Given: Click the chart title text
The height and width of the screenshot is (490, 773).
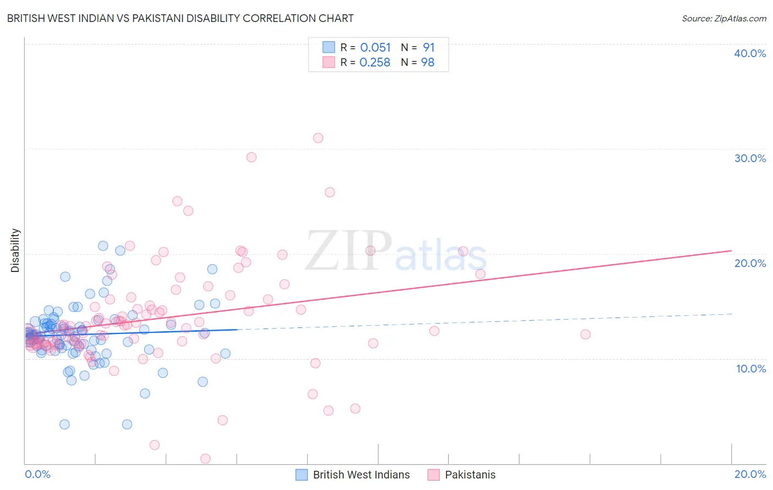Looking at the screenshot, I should (180, 18).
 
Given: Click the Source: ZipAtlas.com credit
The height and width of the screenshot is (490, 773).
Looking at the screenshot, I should (724, 18).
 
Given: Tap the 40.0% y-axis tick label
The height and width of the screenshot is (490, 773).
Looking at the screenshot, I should (750, 53).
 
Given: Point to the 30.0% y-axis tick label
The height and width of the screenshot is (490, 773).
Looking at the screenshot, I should (750, 158).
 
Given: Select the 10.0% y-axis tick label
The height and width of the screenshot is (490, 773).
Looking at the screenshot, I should (750, 369).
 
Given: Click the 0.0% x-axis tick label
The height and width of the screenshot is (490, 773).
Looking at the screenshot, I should (37, 474).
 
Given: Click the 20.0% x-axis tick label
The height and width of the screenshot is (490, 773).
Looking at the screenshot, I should (750, 474).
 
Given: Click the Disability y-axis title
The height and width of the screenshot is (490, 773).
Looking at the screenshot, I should (15, 250).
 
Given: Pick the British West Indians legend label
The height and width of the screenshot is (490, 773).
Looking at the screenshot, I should (361, 475).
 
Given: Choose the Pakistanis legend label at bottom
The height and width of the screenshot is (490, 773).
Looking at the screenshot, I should (470, 475).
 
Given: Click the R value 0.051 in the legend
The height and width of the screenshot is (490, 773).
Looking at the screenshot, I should (375, 48).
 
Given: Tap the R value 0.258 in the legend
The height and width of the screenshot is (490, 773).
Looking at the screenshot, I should (375, 63).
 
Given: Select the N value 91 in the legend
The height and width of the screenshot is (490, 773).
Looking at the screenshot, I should (429, 48).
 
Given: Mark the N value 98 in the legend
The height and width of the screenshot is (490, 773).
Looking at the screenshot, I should (428, 63).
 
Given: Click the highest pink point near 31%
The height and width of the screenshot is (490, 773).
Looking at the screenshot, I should (318, 138).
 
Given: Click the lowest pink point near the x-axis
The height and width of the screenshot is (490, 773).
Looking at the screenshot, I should (205, 458).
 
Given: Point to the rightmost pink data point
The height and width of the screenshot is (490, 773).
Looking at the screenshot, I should (585, 335).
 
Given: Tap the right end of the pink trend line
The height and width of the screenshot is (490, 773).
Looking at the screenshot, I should (731, 250).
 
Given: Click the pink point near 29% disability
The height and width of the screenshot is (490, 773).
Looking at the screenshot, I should (251, 157).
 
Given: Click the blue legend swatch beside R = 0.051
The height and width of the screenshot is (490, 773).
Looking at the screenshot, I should (329, 47).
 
